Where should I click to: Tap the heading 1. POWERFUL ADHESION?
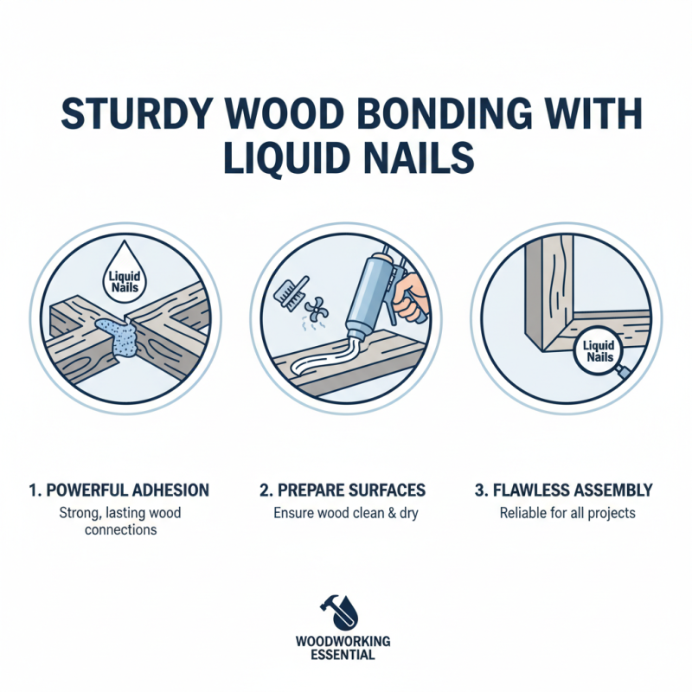tap(120, 490)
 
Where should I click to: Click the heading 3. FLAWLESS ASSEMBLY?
tap(567, 490)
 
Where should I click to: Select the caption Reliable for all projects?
tap(567, 513)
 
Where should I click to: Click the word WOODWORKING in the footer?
tap(343, 641)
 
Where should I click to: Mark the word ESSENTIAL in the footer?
tap(343, 655)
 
